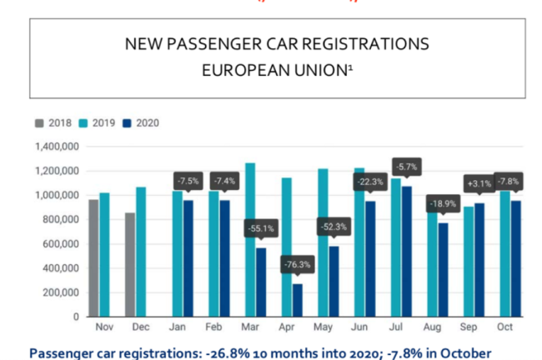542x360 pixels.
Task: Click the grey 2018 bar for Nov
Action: pyautogui.click(x=93, y=258)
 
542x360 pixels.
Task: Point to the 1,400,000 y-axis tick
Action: pyautogui.click(x=58, y=147)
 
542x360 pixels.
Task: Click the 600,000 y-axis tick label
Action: pyautogui.click(x=62, y=244)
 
